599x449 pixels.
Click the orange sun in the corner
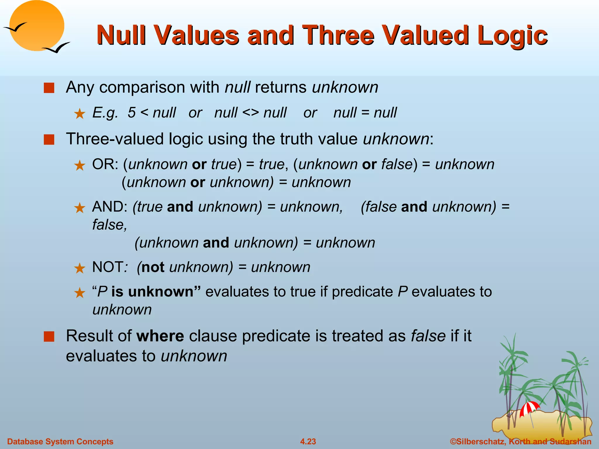(x=37, y=25)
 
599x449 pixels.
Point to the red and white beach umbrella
(x=529, y=408)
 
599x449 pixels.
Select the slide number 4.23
(x=308, y=441)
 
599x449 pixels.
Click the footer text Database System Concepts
(x=60, y=441)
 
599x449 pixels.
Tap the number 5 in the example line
(x=132, y=113)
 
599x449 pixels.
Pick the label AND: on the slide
(x=110, y=207)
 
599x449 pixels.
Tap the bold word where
(x=160, y=336)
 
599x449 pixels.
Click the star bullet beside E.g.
(x=80, y=114)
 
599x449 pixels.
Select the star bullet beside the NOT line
(x=80, y=268)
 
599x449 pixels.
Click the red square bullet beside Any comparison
(x=49, y=88)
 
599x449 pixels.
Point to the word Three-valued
(x=115, y=139)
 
